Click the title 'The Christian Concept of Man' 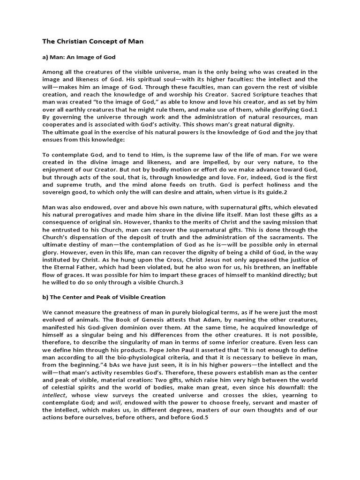(x=93, y=41)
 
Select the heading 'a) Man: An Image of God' (x=79, y=57)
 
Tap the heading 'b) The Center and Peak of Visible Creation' (x=104, y=297)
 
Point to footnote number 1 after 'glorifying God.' (x=315, y=109)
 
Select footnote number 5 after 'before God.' (x=206, y=418)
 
